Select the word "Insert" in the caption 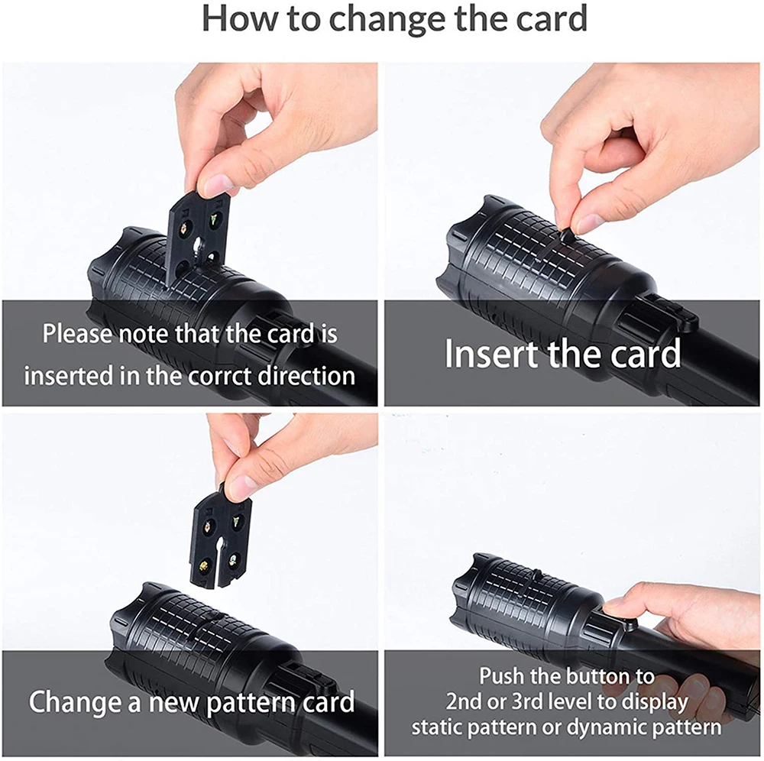491,353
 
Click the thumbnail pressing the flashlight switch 614,606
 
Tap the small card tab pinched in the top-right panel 565,236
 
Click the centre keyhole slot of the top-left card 198,244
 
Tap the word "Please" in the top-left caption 77,334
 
